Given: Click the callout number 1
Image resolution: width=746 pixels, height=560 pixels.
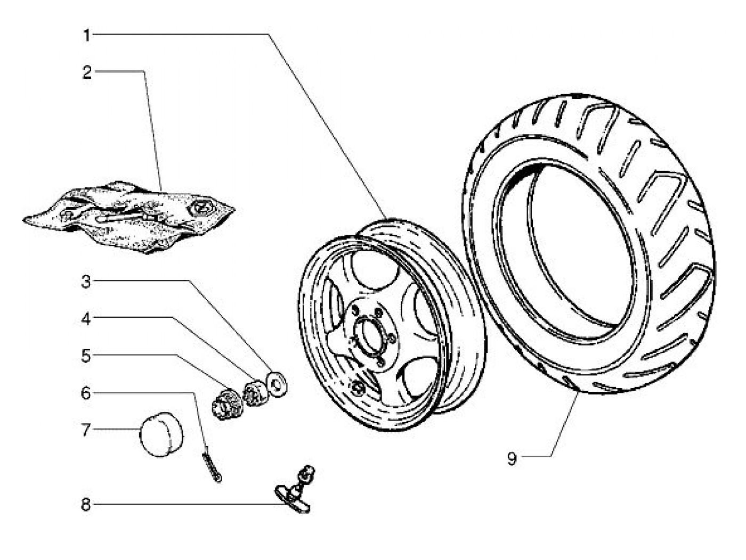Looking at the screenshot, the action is pyautogui.click(x=87, y=35).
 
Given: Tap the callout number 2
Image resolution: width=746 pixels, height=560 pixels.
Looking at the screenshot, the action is pyautogui.click(x=87, y=72).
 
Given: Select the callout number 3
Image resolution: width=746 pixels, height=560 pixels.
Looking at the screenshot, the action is pyautogui.click(x=86, y=282).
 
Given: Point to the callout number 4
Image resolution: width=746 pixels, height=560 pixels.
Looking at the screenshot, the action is pyautogui.click(x=86, y=319).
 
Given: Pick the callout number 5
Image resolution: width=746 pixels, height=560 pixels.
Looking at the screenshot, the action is pyautogui.click(x=86, y=356).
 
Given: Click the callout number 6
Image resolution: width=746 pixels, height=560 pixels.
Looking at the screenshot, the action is pyautogui.click(x=86, y=393).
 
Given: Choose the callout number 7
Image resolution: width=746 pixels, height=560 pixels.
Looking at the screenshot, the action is pyautogui.click(x=86, y=430).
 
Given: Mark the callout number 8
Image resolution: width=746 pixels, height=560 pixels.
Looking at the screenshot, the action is pyautogui.click(x=86, y=505).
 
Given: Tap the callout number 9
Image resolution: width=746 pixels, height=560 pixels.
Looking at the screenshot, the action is pyautogui.click(x=512, y=458).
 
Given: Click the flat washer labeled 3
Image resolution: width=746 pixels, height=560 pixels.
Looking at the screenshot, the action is pyautogui.click(x=277, y=385).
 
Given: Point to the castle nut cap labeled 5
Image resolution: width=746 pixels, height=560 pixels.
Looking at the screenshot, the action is pyautogui.click(x=227, y=404).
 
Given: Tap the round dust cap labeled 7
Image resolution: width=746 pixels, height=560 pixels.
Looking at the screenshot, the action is pyautogui.click(x=161, y=434).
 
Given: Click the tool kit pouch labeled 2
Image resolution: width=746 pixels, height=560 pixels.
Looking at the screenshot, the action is pyautogui.click(x=129, y=218).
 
